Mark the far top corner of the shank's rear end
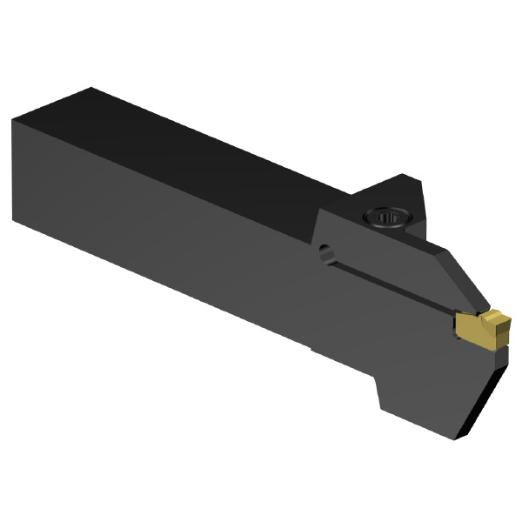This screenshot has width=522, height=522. tap(91, 88)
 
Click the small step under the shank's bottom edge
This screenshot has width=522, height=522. tap(313, 350)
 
